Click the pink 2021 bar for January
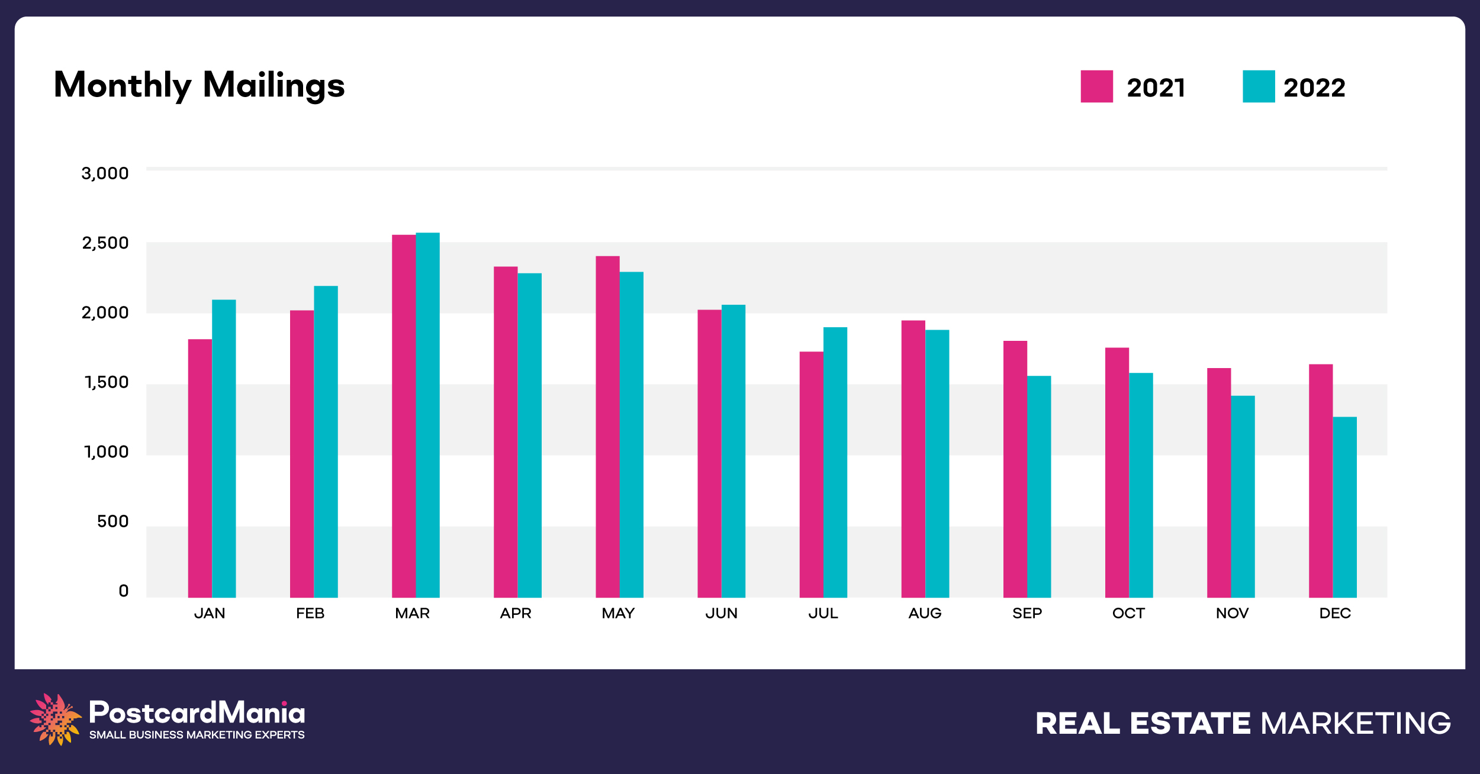pyautogui.click(x=200, y=468)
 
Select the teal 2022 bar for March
pyautogui.click(x=427, y=415)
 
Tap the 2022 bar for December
pyautogui.click(x=1344, y=507)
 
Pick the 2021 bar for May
pyautogui.click(x=607, y=427)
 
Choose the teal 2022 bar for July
pyautogui.click(x=835, y=462)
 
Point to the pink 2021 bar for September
pyautogui.click(x=1015, y=469)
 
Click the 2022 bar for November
pyautogui.click(x=1243, y=496)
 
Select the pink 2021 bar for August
pyautogui.click(x=913, y=459)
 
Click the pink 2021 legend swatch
pyautogui.click(x=1096, y=86)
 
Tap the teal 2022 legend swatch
pyautogui.click(x=1259, y=86)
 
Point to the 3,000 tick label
pyautogui.click(x=105, y=173)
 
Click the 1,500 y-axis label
pyautogui.click(x=107, y=382)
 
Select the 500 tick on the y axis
pyautogui.click(x=112, y=521)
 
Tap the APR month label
pyautogui.click(x=516, y=613)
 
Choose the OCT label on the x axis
pyautogui.click(x=1128, y=613)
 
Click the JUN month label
pyautogui.click(x=721, y=613)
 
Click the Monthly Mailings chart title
pyautogui.click(x=199, y=85)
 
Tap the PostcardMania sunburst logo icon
pyautogui.click(x=55, y=718)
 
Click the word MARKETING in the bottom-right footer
pyautogui.click(x=1356, y=723)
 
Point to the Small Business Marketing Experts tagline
pyautogui.click(x=197, y=735)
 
